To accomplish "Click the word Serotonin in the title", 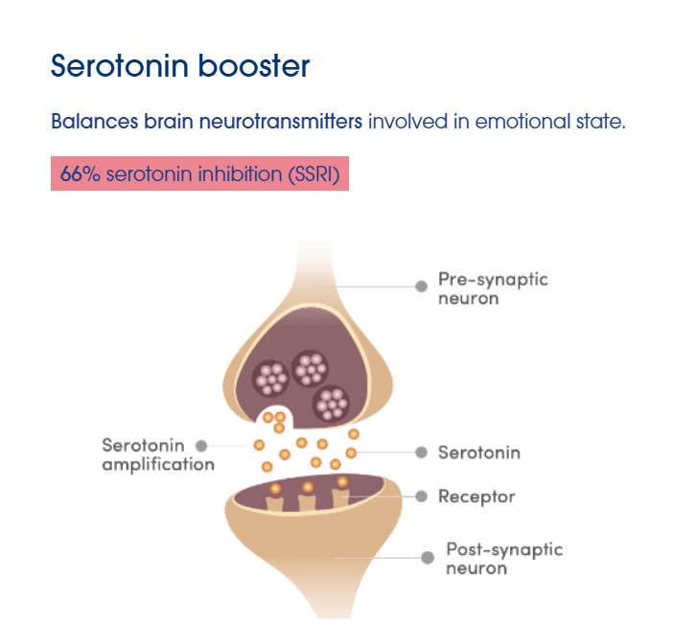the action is pos(120,66).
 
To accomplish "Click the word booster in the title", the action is pos(254,66).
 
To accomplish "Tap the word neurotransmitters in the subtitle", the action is pos(281,121).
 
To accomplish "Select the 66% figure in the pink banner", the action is pos(81,174).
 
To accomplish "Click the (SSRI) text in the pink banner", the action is pos(313,174).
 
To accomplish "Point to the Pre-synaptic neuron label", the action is pos(493,289).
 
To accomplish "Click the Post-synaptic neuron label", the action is pos(504,558).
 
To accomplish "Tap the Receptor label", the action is pos(476,497).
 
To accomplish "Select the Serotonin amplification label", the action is pos(158,454).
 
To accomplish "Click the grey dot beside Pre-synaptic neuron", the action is pos(422,287).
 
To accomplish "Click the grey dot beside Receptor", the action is pos(422,497).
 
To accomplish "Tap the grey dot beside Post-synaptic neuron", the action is pos(428,558).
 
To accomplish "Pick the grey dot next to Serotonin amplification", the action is pos(201,446).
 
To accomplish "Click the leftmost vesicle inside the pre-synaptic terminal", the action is pos(270,379).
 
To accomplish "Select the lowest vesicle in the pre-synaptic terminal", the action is pos(331,404).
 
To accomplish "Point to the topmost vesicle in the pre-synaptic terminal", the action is pos(310,369).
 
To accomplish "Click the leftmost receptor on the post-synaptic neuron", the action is pos(275,502).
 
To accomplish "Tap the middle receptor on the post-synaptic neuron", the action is pos(308,501).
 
